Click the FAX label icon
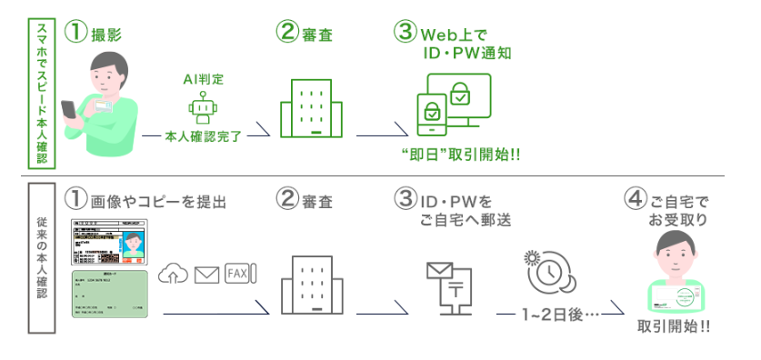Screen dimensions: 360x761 240,272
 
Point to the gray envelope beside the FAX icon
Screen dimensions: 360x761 206,272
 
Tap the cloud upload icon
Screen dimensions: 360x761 173,272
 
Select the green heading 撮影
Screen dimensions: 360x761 107,35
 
